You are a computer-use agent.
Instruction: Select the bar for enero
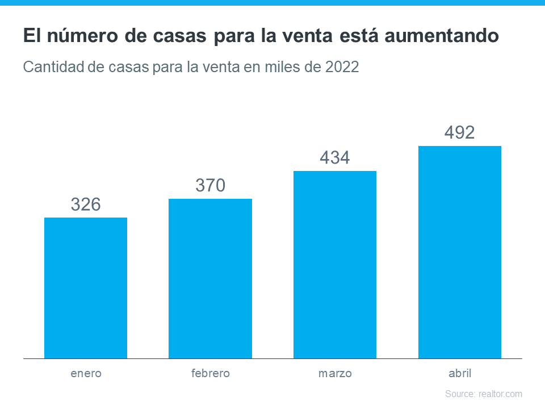coord(86,288)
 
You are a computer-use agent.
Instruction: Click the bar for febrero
coord(210,278)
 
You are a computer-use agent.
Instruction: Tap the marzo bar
coord(335,265)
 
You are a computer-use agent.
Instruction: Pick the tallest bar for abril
coord(460,252)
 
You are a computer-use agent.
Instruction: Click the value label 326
coord(86,204)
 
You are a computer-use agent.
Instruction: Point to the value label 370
coord(210,185)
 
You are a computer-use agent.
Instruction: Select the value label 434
coord(335,158)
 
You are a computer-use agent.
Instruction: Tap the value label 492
coord(460,133)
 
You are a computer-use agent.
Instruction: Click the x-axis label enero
coord(86,374)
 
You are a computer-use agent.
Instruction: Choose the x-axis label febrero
coord(210,374)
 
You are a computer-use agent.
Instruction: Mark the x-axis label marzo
coord(335,374)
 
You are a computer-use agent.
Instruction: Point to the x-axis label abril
coord(460,374)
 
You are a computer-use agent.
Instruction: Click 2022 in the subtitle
coord(342,67)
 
